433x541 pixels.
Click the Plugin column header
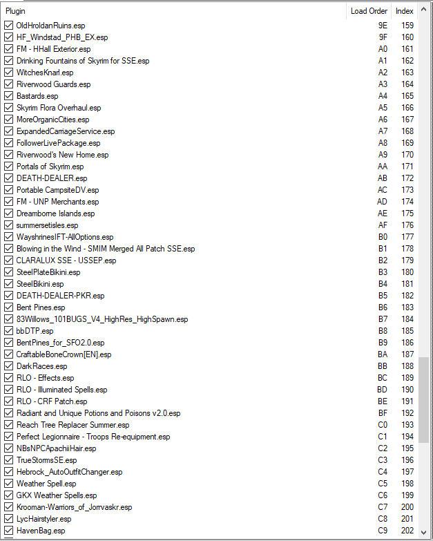click(15, 11)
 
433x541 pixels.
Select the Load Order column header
click(369, 11)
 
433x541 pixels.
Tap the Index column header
click(404, 11)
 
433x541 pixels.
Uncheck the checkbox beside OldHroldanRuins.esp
click(8, 26)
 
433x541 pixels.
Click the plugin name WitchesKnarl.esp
click(45, 73)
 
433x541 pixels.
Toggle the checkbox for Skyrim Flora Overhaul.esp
click(8, 108)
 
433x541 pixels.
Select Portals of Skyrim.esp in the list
click(50, 167)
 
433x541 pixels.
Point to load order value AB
click(383, 178)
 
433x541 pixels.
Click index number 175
click(407, 213)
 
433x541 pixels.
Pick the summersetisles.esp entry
click(47, 225)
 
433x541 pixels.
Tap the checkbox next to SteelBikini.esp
click(8, 284)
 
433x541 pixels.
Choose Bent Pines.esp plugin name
click(41, 307)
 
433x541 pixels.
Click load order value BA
click(383, 354)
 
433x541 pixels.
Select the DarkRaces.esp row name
click(41, 366)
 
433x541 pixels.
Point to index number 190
click(407, 390)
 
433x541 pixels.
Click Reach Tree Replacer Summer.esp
click(73, 425)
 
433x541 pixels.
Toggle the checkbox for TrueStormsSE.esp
click(8, 460)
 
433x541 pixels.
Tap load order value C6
click(383, 495)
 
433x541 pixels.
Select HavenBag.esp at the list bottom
click(41, 531)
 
